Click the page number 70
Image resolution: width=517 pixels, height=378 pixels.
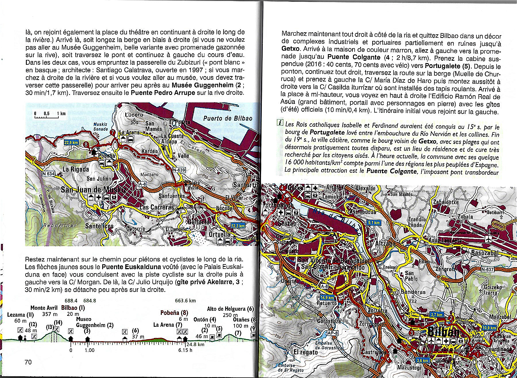[x=28, y=362]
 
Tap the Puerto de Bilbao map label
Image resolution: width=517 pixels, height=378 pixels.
[x=228, y=118]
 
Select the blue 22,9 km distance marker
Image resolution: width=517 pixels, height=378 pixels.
[x=71, y=143]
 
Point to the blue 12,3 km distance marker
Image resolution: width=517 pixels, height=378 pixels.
[x=238, y=226]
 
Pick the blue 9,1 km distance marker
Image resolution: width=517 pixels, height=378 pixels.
[x=374, y=223]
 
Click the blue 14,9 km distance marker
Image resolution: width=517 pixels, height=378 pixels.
[x=327, y=297]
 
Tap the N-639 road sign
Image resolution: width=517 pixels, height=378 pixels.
[x=179, y=170]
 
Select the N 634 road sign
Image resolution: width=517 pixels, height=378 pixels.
[x=48, y=174]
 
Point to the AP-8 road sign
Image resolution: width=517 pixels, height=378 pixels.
[x=333, y=333]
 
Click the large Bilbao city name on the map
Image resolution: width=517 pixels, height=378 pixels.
[x=444, y=332]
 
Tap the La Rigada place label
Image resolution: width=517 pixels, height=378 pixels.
[x=76, y=169]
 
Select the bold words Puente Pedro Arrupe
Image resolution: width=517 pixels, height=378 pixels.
[x=163, y=93]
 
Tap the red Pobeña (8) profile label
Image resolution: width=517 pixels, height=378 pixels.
[x=174, y=313]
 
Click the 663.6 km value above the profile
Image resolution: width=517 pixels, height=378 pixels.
[x=185, y=301]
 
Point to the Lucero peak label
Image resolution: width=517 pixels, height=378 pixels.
[x=134, y=115]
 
